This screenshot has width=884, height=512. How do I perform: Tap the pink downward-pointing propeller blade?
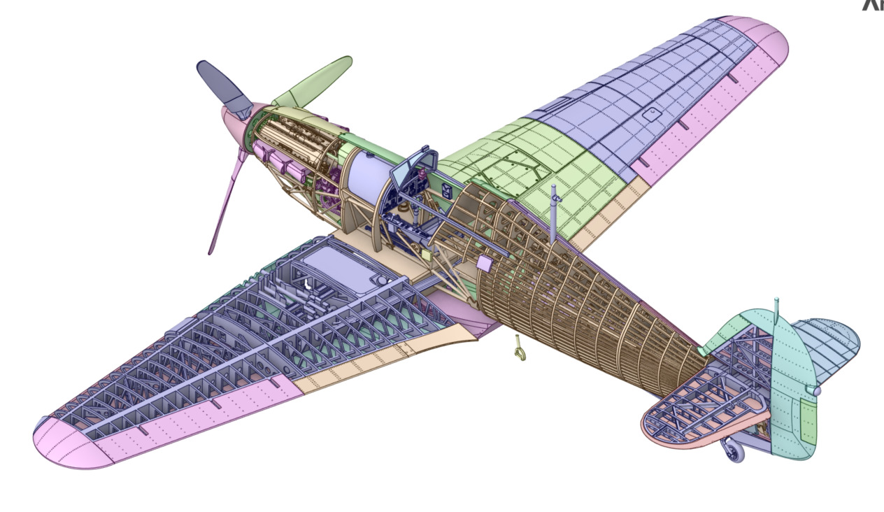(225, 203)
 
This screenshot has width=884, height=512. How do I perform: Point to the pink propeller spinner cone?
(236, 123)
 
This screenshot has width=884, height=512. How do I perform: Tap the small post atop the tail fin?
(776, 308)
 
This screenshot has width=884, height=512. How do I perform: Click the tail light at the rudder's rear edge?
(815, 390)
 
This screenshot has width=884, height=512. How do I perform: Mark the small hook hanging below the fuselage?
(518, 348)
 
